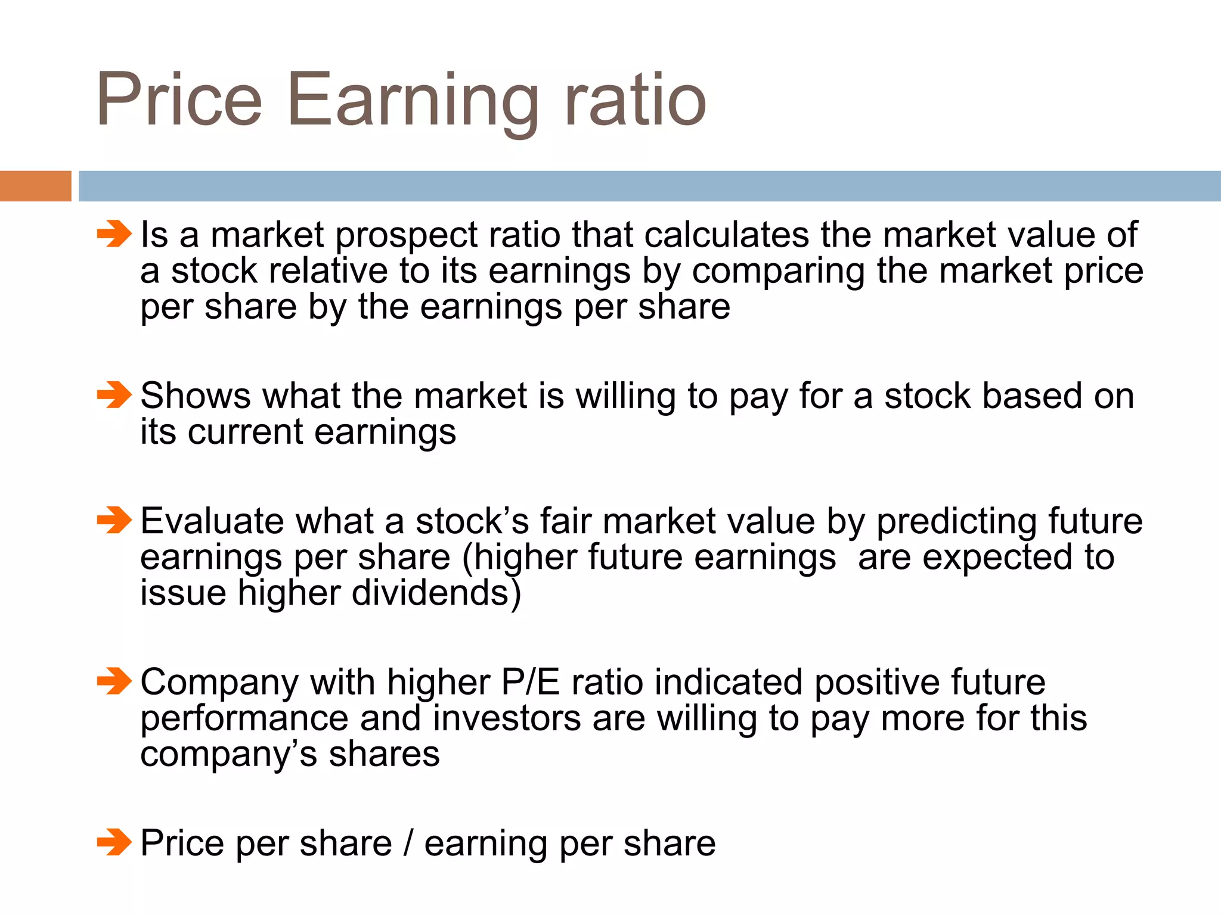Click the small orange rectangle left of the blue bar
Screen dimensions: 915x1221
35,186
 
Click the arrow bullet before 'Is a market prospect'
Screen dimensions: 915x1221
114,234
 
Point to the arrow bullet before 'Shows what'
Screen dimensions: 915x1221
114,395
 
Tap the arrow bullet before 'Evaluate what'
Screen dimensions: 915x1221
114,520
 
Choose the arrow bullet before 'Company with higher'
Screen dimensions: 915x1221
114,681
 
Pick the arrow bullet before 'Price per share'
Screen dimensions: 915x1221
114,842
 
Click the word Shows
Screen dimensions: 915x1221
196,396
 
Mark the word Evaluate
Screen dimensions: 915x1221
212,521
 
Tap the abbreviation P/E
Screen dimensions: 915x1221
531,681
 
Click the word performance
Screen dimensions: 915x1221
244,719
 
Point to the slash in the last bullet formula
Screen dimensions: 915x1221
408,843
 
